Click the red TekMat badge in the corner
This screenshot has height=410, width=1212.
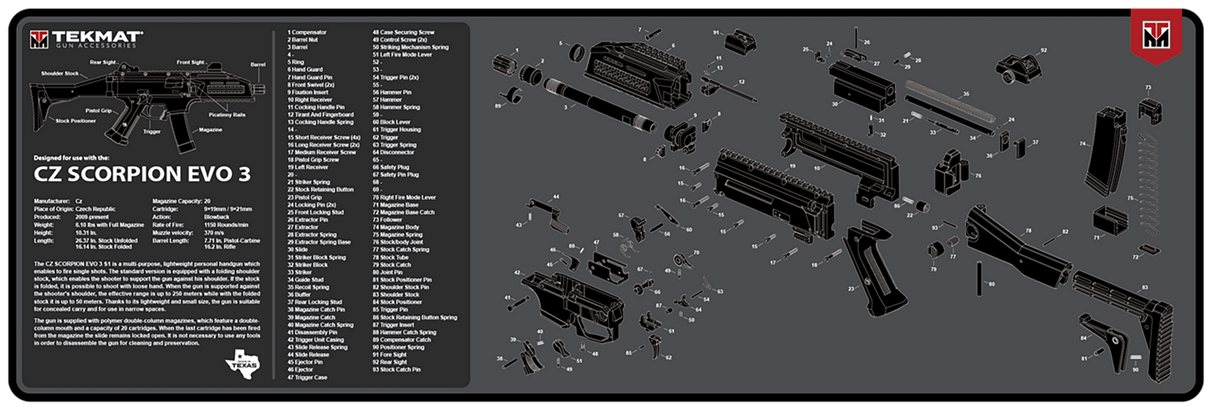pos(1155,37)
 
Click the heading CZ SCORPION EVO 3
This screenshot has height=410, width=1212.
pos(142,174)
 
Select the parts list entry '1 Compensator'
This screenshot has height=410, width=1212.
pos(307,32)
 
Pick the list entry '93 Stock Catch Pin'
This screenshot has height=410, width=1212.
pos(396,370)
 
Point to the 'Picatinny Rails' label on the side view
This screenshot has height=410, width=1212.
pos(227,115)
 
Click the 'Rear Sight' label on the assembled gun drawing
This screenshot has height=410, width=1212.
pos(103,62)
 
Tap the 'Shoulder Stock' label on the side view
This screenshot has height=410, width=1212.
pos(60,73)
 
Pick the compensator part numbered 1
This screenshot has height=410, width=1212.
pos(504,63)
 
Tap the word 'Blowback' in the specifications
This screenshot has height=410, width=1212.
pos(217,217)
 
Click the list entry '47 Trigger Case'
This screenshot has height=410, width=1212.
pos(307,377)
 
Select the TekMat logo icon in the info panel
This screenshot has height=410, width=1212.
pos(39,40)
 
